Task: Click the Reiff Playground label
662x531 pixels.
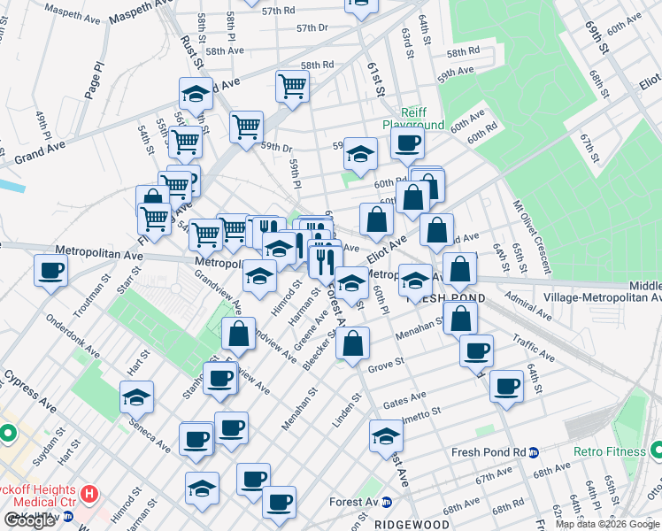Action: tap(413, 119)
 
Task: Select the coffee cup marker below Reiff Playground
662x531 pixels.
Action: tap(407, 144)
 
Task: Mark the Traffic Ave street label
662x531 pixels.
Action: tap(534, 347)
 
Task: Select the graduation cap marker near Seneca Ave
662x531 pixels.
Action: tap(137, 396)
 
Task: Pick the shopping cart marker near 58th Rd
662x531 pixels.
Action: tap(292, 87)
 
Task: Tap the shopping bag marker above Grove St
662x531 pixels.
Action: tap(352, 343)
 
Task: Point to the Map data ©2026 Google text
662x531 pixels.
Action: tap(606, 524)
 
